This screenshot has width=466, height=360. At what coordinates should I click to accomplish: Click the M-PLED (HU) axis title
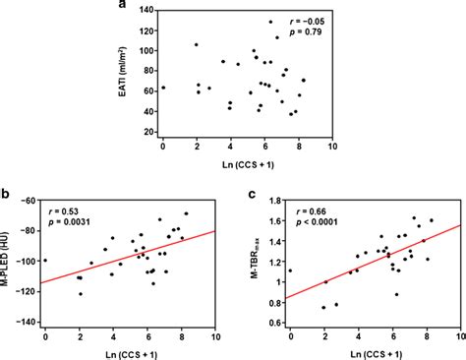pyautogui.click(x=8, y=264)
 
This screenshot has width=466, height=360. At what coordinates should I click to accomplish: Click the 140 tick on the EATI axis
pyautogui.click(x=149, y=12)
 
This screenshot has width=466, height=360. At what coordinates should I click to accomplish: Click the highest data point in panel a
pyautogui.click(x=270, y=22)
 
